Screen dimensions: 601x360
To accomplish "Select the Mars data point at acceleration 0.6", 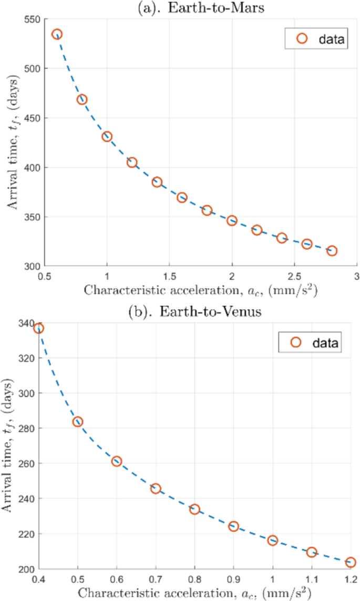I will pos(57,34).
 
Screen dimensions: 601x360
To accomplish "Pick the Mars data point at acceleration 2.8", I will pos(332,251).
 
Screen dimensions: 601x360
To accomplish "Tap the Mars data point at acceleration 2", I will pos(232,221).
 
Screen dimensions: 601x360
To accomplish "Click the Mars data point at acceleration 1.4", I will pos(157,182).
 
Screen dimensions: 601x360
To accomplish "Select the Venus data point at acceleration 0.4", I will pos(38,329).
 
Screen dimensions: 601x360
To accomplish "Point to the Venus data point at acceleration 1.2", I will pos(351,562).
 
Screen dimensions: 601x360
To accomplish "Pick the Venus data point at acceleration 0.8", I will pos(194,509).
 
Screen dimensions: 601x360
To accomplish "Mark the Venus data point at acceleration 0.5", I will pos(78,422).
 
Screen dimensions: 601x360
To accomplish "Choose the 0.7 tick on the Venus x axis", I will pos(156,579).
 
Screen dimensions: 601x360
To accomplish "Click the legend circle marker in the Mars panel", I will pos(302,38).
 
